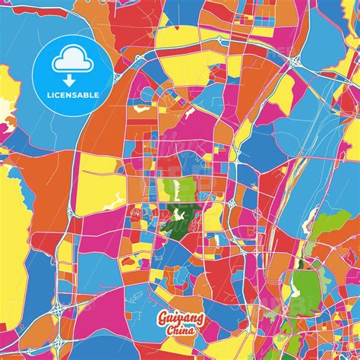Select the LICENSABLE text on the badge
[74, 95]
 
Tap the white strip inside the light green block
[175, 190]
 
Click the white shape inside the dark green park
[180, 221]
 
